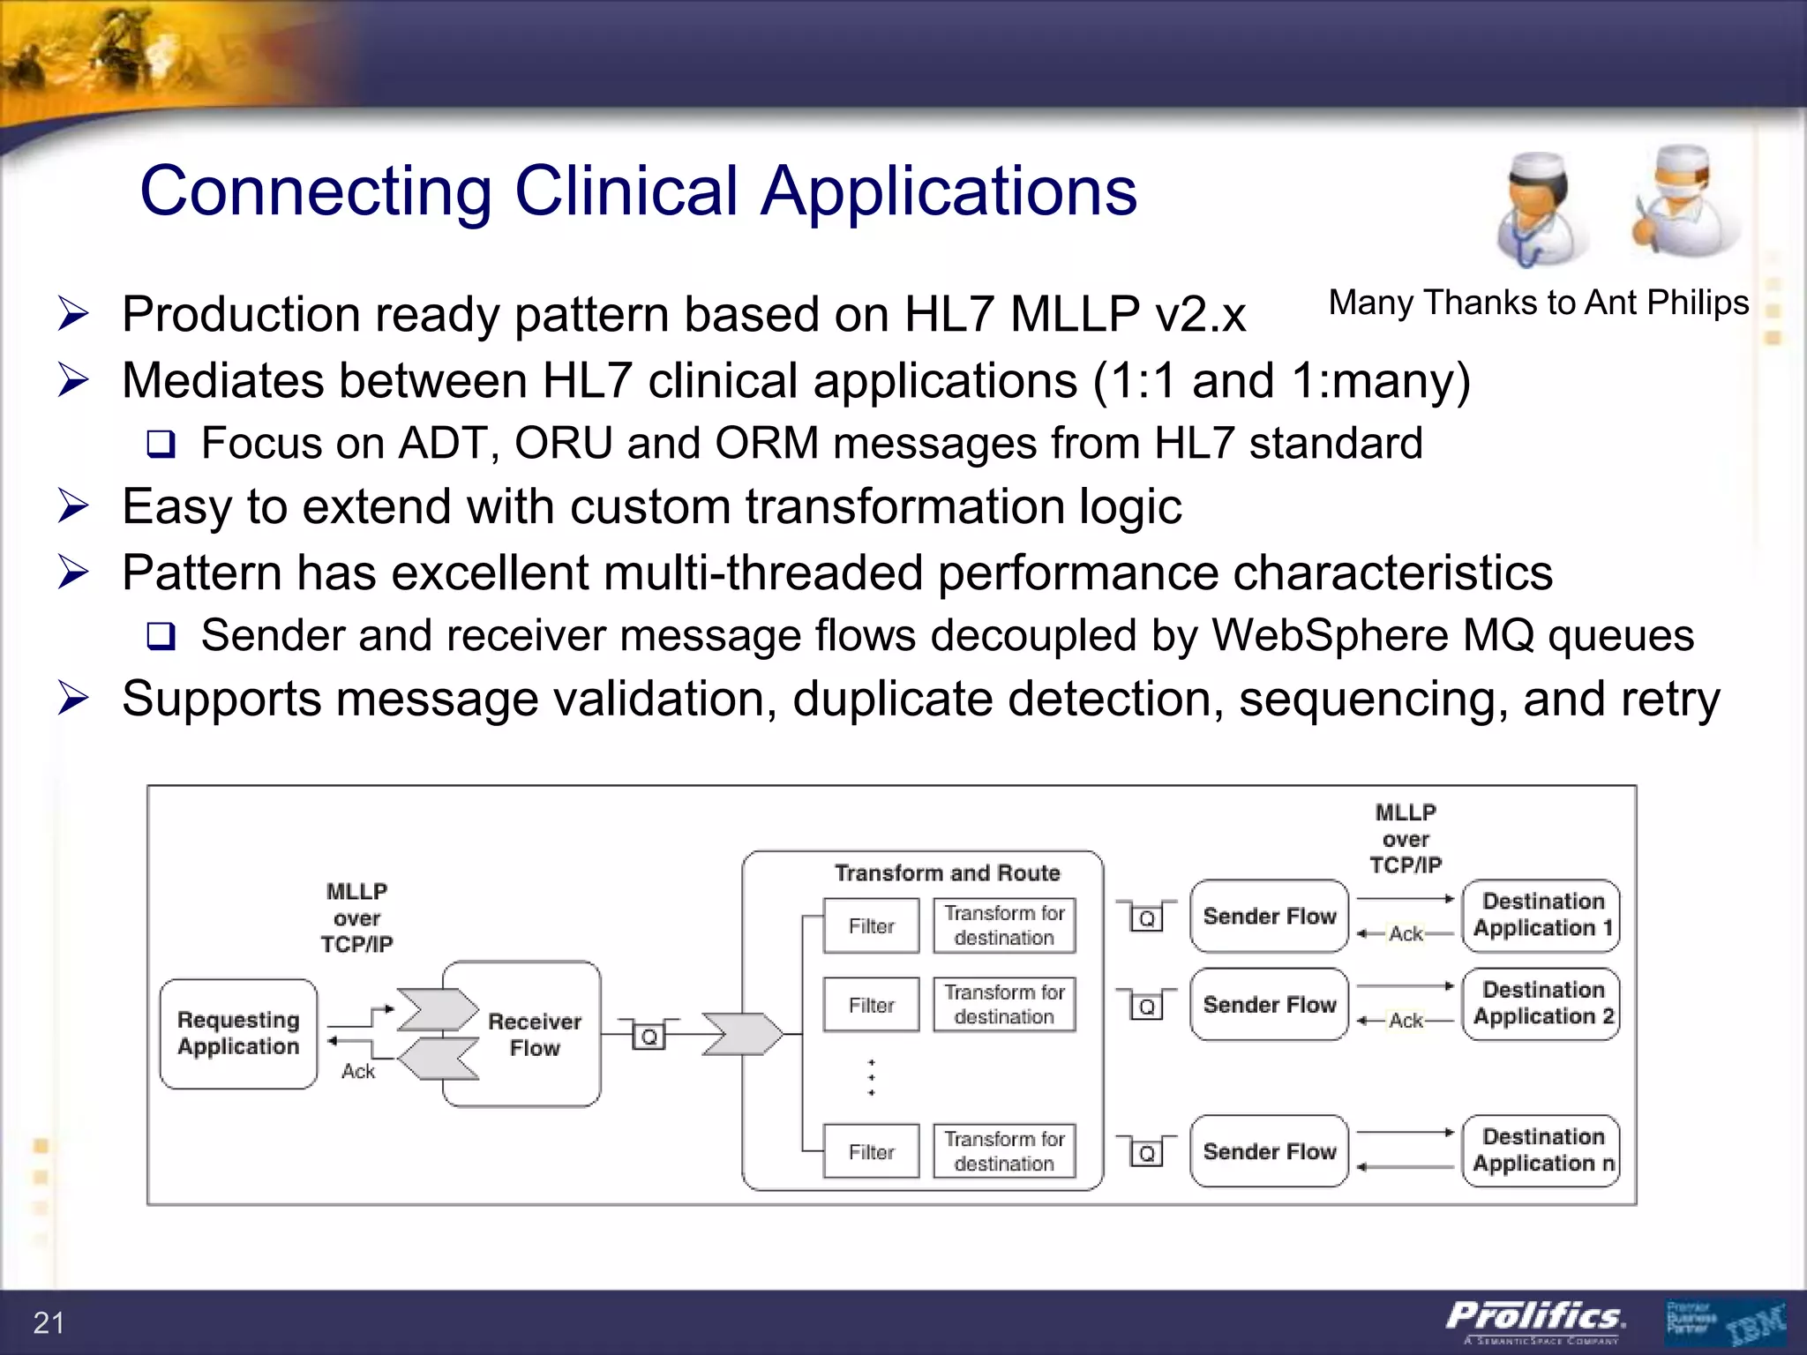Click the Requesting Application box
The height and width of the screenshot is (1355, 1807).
click(x=238, y=1033)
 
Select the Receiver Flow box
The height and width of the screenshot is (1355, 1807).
click(x=534, y=1034)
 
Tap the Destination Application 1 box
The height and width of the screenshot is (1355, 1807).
click(x=1541, y=915)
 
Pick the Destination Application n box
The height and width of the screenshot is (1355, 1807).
click(x=1541, y=1150)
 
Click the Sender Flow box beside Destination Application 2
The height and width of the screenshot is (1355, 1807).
click(x=1269, y=1005)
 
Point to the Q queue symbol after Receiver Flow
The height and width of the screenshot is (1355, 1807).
click(x=649, y=1037)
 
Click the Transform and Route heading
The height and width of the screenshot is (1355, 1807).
click(x=947, y=872)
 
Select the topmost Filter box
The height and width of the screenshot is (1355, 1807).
click(x=871, y=925)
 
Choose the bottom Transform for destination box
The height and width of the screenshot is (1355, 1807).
click(x=1004, y=1151)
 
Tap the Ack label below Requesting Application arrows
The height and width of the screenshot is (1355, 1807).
click(x=358, y=1071)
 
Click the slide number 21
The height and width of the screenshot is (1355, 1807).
click(x=49, y=1322)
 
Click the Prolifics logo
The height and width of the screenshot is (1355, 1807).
click(x=1535, y=1319)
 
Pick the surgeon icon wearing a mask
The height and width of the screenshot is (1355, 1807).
click(x=1683, y=203)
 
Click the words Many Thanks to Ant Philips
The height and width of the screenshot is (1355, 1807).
click(x=1538, y=303)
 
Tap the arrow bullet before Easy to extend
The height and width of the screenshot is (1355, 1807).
click(x=73, y=506)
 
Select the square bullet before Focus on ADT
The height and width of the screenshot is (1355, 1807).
click(x=161, y=444)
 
